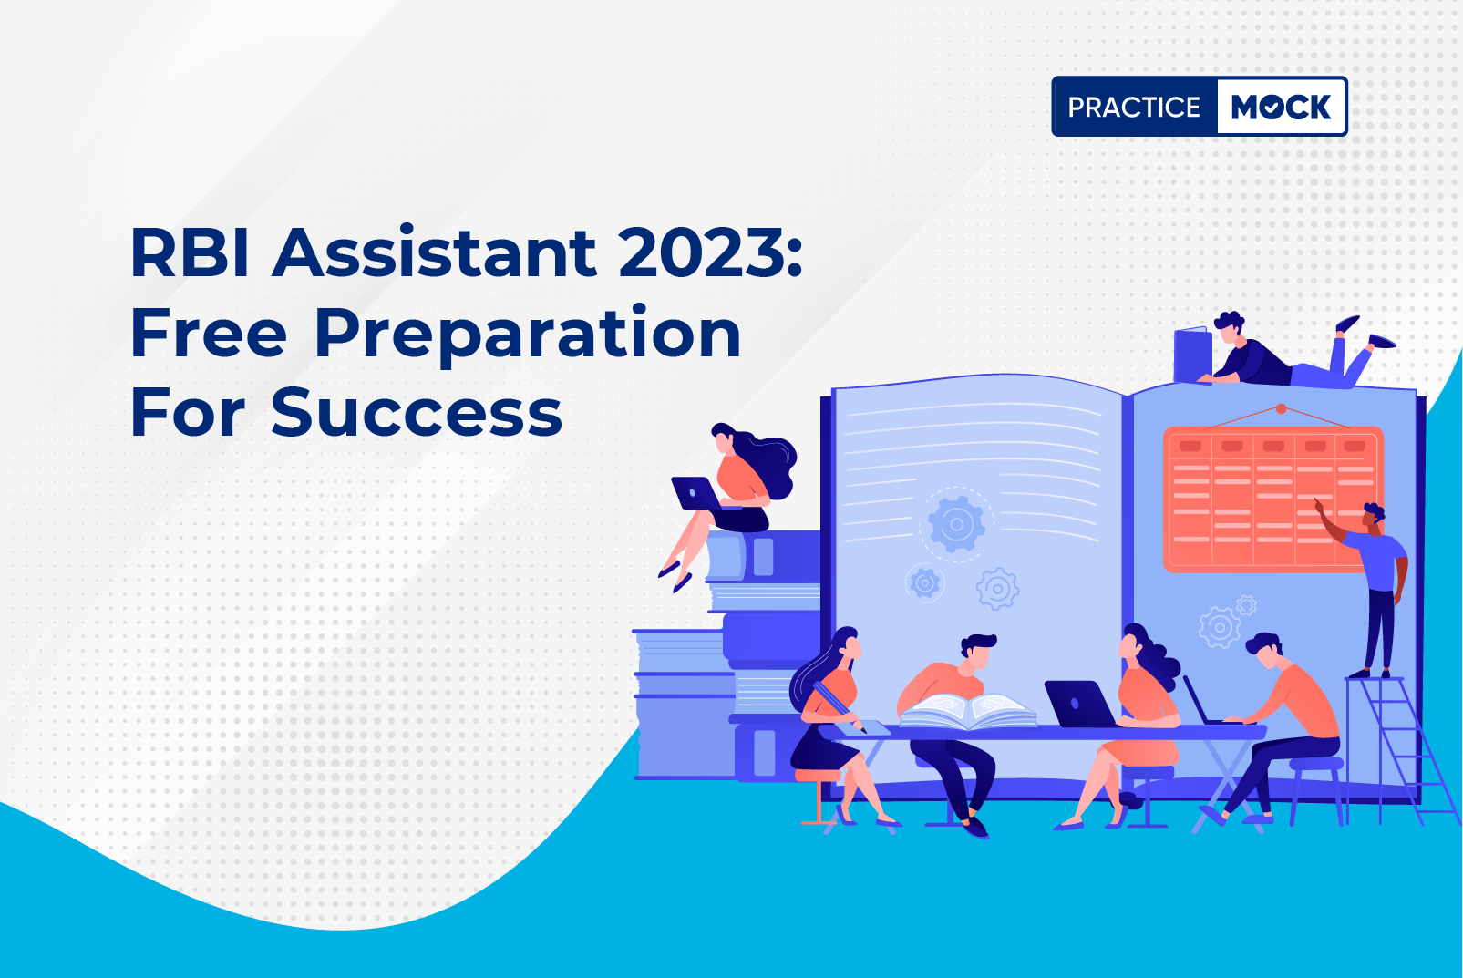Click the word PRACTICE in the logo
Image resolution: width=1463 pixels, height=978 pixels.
pyautogui.click(x=1134, y=107)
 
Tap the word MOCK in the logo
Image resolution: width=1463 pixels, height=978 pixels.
pyautogui.click(x=1281, y=107)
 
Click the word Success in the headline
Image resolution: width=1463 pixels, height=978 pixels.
pyautogui.click(x=417, y=412)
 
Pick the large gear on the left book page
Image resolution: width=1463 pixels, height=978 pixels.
pyautogui.click(x=956, y=524)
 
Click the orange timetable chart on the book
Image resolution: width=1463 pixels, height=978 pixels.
pyautogui.click(x=1272, y=499)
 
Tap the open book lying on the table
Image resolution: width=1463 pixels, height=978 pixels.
pyautogui.click(x=967, y=710)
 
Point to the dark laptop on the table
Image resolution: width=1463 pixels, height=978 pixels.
pyautogui.click(x=1079, y=703)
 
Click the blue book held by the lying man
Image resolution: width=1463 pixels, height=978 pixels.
pyautogui.click(x=1192, y=355)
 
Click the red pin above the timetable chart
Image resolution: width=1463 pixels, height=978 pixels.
pyautogui.click(x=1281, y=408)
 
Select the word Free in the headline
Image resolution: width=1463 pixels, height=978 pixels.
pyautogui.click(x=209, y=333)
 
